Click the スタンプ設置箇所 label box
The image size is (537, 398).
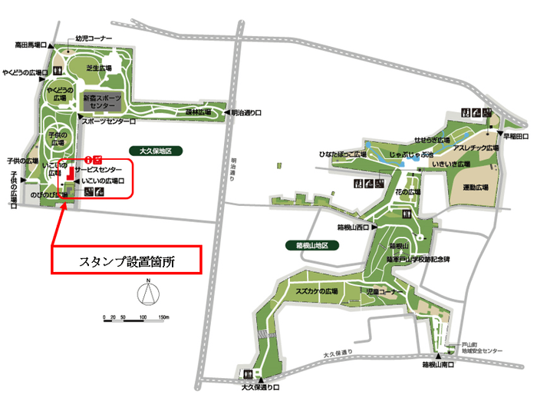point(127,260)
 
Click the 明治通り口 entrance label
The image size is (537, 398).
point(250,112)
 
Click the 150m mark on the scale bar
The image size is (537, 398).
point(163,316)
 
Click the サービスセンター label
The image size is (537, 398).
point(98,168)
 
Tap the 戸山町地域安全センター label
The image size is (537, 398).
point(482,347)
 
